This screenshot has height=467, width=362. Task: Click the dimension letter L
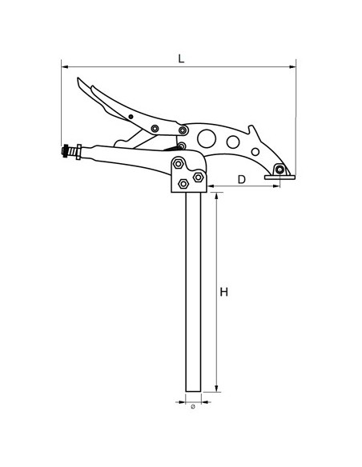click(x=181, y=58)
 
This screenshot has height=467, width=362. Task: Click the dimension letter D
click(x=242, y=179)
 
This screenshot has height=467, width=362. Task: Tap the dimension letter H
click(x=223, y=292)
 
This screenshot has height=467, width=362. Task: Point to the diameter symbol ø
click(x=193, y=406)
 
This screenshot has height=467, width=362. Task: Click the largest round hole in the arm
click(x=207, y=138)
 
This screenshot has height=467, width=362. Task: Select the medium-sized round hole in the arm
click(x=233, y=142)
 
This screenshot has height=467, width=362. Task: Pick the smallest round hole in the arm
click(x=255, y=152)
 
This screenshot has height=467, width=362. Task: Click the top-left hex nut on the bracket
click(x=178, y=163)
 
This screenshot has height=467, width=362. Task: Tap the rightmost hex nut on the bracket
click(x=199, y=178)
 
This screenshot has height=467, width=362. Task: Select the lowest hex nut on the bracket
click(x=183, y=184)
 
